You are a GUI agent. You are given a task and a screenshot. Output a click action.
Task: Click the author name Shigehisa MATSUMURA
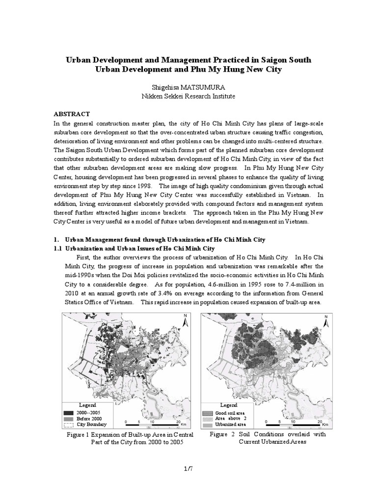188,86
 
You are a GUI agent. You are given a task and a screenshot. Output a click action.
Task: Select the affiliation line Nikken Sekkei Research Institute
188,96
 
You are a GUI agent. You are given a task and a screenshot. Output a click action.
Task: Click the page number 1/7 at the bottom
188,469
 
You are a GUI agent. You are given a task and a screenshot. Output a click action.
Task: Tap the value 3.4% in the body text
180,294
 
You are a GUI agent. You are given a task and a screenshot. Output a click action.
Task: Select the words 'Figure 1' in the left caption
77,435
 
